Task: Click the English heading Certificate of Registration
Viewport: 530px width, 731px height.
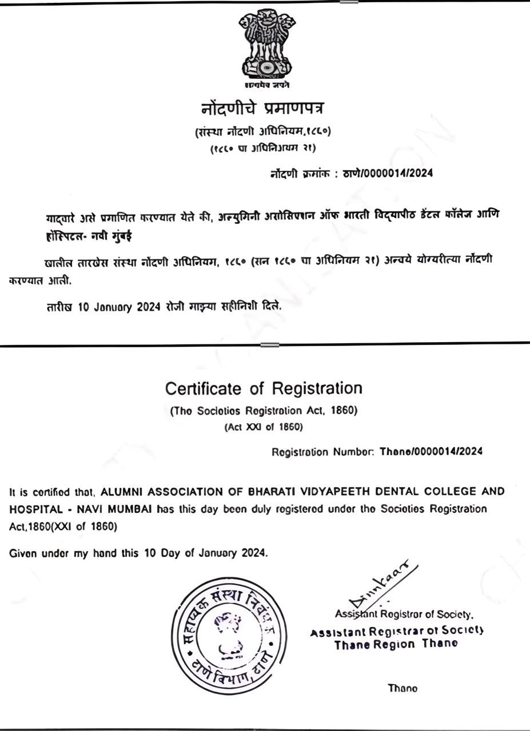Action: point(264,389)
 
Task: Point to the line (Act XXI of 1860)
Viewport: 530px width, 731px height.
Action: point(264,427)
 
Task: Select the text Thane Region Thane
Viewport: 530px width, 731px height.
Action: point(396,644)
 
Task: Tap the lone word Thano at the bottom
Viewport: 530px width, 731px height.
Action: point(403,688)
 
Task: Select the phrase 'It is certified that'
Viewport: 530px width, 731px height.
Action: point(54,492)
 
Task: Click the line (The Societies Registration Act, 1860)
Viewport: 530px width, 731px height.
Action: point(264,411)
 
